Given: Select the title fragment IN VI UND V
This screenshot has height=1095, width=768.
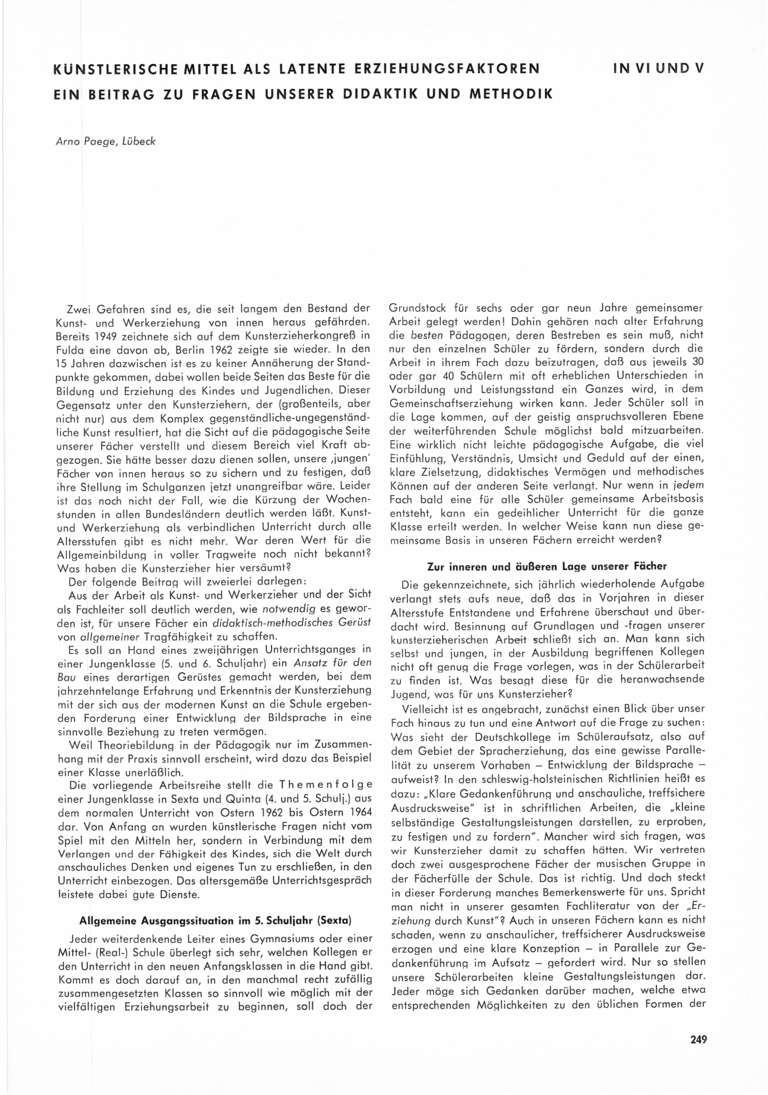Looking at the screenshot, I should pos(659,69).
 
